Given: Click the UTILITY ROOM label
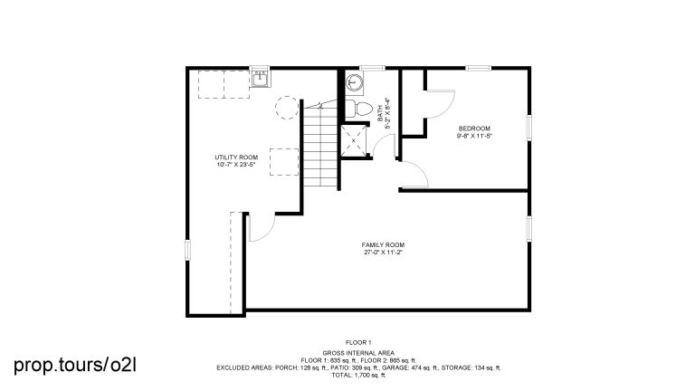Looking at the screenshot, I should pos(236,157).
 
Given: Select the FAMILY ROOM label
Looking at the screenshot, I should pos(383,244).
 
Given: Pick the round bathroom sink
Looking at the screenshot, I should pos(357,82).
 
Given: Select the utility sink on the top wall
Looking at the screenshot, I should pos(261,76).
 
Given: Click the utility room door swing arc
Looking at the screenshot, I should pos(256,231).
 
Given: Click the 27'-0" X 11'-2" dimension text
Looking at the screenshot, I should pos(383,253).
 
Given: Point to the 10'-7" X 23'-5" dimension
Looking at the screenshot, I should pos(236,165).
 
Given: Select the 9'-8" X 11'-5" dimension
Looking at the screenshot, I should pos(475,137).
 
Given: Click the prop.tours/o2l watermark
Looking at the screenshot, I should pos(75,365).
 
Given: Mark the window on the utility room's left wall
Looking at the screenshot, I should pos(188,249).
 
